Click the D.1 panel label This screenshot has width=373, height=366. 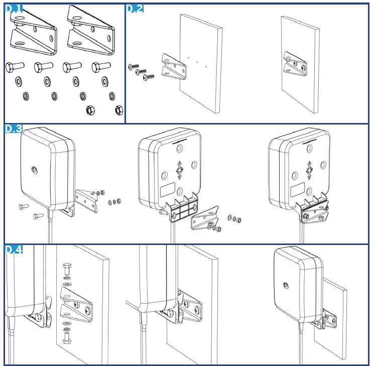15,9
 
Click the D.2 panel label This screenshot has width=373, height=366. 135,9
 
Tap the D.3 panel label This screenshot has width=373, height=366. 14,129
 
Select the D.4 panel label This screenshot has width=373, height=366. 14,249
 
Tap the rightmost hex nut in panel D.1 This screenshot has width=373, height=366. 118,110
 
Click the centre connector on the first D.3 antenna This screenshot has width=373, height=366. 33,170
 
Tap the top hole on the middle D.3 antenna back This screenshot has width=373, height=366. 179,149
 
